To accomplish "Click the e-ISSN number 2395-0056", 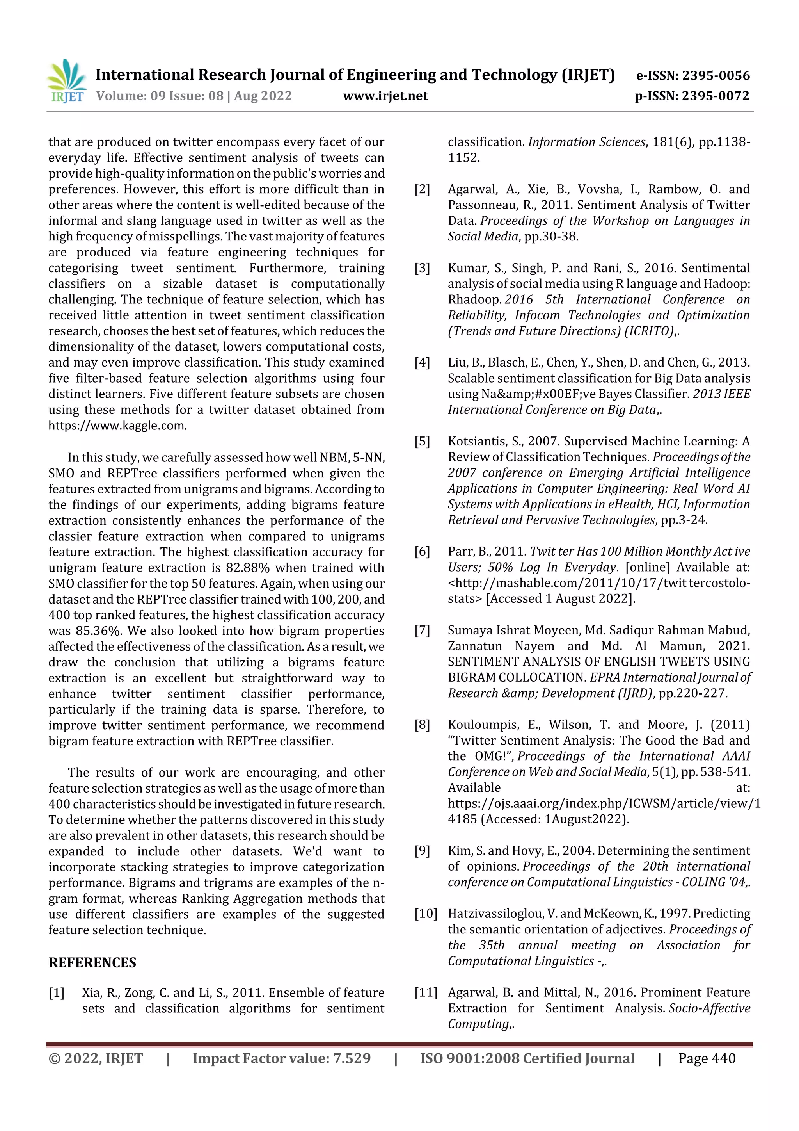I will (x=715, y=75).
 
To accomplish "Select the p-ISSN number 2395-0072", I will (x=715, y=96).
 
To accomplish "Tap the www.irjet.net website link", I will (x=385, y=96).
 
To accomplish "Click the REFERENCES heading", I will (x=92, y=962).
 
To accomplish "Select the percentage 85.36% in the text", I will (x=98, y=631).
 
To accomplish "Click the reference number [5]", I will (x=422, y=442).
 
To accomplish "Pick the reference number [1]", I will (x=57, y=992).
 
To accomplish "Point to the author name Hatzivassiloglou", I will (x=495, y=914).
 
